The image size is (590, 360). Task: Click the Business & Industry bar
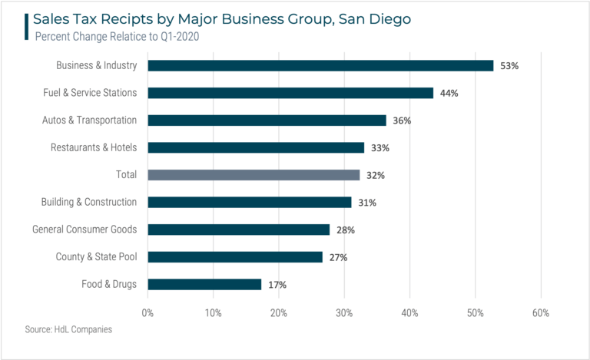click(320, 66)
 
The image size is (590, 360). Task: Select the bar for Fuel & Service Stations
click(290, 93)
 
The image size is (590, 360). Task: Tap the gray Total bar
click(254, 175)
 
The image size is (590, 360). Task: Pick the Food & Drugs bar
click(204, 284)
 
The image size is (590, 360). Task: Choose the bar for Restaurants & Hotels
click(256, 147)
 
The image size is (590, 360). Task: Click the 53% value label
click(509, 66)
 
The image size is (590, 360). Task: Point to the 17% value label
click(277, 285)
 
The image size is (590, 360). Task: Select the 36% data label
click(402, 121)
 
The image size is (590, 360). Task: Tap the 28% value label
click(345, 230)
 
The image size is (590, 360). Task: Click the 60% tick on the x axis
click(540, 313)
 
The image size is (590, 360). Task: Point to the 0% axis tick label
click(147, 313)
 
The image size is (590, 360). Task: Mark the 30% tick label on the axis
click(344, 313)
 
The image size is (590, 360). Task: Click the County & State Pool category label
click(96, 257)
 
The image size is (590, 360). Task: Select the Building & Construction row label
click(89, 203)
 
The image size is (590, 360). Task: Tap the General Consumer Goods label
click(85, 230)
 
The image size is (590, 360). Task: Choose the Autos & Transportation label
click(89, 121)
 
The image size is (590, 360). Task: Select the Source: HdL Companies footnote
click(68, 329)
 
